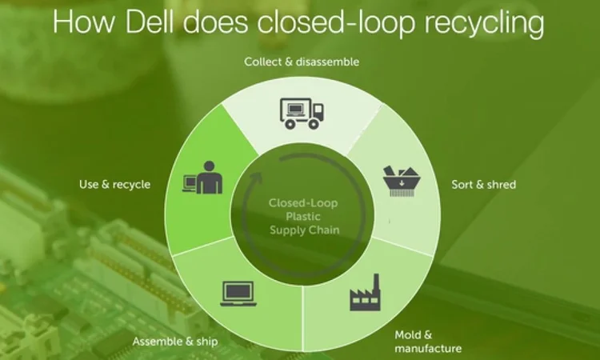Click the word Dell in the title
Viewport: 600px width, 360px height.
[x=160, y=22]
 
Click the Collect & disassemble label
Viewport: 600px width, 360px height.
[x=302, y=62]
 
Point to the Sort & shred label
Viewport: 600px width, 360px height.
[x=484, y=184]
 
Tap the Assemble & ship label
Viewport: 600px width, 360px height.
[x=175, y=342]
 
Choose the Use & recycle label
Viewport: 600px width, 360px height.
[x=114, y=184]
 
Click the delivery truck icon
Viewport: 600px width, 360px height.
[x=301, y=113]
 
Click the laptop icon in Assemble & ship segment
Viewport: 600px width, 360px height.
[x=237, y=294]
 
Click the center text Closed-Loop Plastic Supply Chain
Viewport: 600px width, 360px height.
[x=303, y=216]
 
